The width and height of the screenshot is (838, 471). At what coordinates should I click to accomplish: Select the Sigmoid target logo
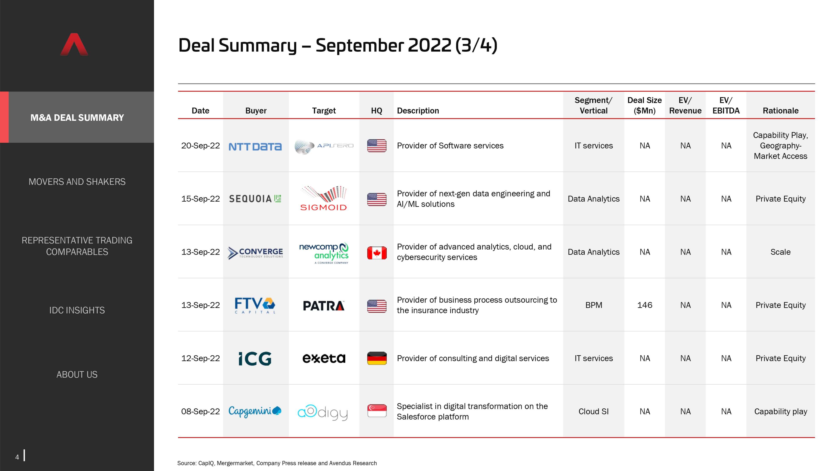pyautogui.click(x=324, y=199)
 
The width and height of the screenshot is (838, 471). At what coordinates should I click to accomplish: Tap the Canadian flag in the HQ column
pyautogui.click(x=377, y=253)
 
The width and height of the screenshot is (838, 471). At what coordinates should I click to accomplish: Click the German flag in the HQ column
pyautogui.click(x=377, y=358)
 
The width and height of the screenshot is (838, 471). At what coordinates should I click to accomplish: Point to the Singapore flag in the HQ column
pyautogui.click(x=377, y=411)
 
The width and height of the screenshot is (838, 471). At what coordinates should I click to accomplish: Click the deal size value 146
pyautogui.click(x=644, y=305)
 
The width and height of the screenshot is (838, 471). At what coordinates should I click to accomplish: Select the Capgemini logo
pyautogui.click(x=255, y=411)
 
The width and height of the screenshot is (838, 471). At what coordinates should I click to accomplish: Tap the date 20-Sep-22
pyautogui.click(x=200, y=146)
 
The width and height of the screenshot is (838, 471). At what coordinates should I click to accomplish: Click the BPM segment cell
pyautogui.click(x=594, y=305)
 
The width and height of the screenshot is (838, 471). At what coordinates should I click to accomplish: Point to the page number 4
pyautogui.click(x=17, y=457)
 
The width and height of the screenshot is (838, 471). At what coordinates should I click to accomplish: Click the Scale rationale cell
pyautogui.click(x=780, y=252)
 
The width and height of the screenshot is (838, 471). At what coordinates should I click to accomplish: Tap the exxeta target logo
pyautogui.click(x=324, y=358)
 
